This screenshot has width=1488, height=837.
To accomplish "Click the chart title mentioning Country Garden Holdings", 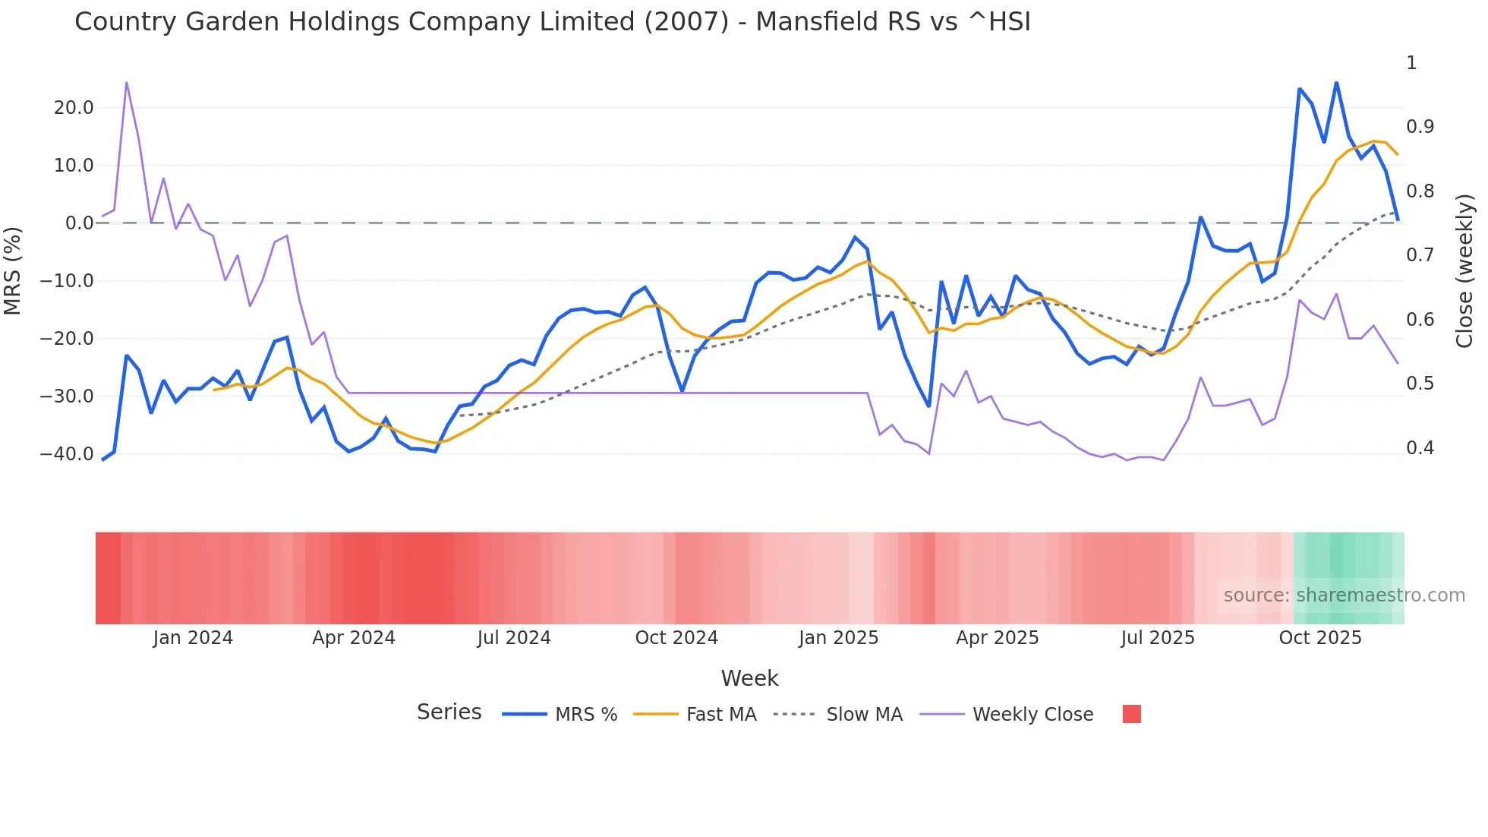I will click(x=552, y=22).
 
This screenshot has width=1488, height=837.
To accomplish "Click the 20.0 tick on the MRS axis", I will click(x=74, y=108).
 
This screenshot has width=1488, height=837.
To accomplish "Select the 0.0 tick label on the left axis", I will click(x=79, y=223).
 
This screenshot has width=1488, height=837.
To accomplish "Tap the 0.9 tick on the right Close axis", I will click(x=1420, y=127).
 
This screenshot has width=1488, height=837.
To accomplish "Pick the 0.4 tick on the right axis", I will click(x=1420, y=448).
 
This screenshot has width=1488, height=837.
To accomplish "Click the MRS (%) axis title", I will click(x=13, y=270).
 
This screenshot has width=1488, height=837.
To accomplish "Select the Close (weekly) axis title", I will click(x=1464, y=270).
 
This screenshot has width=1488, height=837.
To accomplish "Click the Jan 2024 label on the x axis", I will click(x=193, y=638).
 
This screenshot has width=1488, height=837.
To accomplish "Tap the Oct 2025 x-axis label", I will click(x=1320, y=638).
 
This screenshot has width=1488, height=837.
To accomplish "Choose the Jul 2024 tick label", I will click(x=514, y=638).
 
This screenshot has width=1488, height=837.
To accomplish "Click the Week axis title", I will click(x=749, y=678).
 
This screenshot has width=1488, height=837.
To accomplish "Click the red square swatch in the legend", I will click(x=1131, y=714).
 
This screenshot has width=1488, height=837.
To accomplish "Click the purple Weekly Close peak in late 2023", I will click(x=126, y=82).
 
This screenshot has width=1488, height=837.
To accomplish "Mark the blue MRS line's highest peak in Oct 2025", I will click(x=1336, y=82).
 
